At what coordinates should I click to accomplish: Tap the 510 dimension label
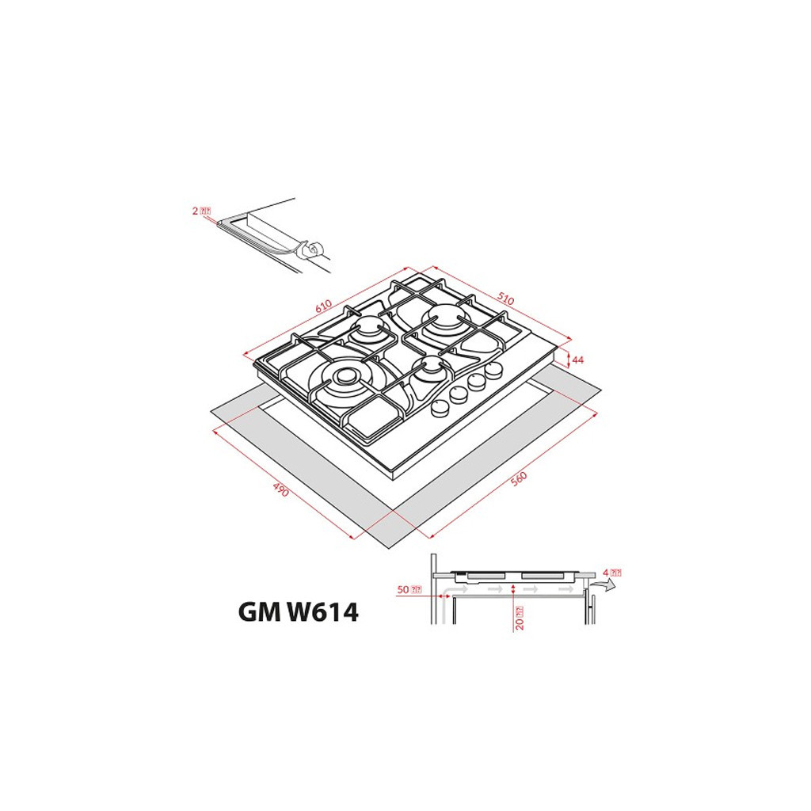[505, 300]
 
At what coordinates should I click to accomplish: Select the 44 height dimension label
[578, 360]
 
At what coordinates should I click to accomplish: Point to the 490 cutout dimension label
[281, 490]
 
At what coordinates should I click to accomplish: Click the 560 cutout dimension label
[519, 480]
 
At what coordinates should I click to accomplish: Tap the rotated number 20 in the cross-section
[519, 618]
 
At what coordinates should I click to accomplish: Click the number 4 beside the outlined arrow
[604, 572]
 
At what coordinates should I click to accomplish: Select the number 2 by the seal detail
[195, 211]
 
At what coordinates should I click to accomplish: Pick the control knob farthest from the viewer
[496, 370]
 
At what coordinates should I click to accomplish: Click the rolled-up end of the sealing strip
[312, 250]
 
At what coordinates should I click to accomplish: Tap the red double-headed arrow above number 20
[515, 590]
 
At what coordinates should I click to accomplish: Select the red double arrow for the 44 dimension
[569, 360]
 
